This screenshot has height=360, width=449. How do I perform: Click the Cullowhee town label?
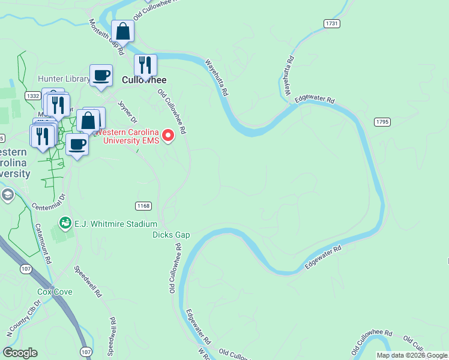click(143, 80)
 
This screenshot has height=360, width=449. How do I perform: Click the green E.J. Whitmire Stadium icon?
click(64, 224)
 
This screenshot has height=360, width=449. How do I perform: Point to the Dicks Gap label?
click(171, 235)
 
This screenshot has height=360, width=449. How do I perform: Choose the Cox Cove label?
click(55, 292)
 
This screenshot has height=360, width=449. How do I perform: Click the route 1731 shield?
click(331, 23)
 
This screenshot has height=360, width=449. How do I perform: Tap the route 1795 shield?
click(382, 122)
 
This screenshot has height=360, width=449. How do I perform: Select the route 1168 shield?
click(143, 206)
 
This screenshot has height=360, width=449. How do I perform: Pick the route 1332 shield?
click(32, 95)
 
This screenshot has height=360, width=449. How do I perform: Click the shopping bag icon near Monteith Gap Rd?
click(122, 31)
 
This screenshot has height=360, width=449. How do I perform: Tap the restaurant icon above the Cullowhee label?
click(145, 65)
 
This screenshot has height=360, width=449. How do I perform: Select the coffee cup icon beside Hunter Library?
click(101, 76)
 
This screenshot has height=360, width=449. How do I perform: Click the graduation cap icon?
click(8, 195)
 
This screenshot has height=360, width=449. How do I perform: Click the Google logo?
click(20, 353)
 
